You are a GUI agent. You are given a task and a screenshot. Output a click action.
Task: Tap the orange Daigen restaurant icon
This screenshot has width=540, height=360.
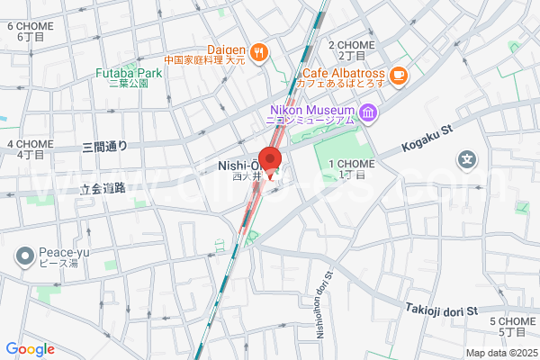point(258,51)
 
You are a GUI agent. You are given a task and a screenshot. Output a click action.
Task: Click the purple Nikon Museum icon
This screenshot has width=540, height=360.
point(367,112)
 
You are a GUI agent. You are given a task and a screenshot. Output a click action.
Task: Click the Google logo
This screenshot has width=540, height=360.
point(31,349)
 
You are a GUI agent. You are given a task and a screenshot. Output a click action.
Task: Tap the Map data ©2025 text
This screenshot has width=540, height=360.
point(500,353)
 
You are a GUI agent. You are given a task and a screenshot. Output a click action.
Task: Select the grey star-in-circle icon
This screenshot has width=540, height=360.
point(467,162)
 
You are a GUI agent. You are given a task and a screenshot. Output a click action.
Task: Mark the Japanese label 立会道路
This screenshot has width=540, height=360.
point(102,189)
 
